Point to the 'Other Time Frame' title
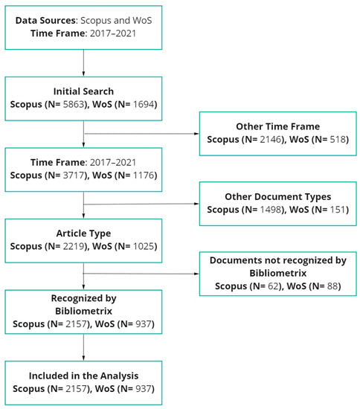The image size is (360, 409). (x=276, y=126)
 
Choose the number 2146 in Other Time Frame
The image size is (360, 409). (x=270, y=140)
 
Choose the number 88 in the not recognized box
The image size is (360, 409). (x=330, y=286)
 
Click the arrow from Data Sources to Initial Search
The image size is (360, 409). (x=83, y=63)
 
